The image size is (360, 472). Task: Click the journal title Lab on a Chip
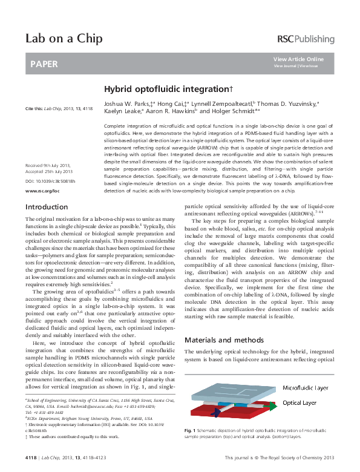coord(64,39)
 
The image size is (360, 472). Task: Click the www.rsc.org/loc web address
coord(42,190)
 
